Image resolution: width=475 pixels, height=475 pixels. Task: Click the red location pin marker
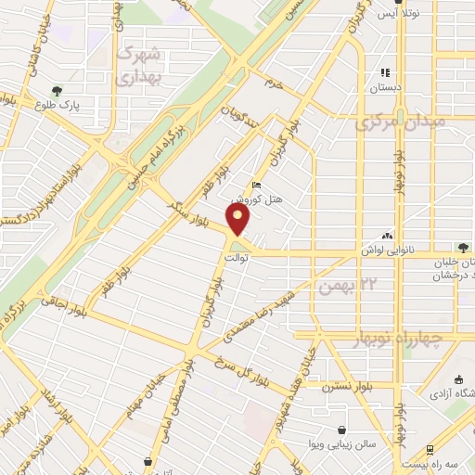pyautogui.click(x=239, y=220)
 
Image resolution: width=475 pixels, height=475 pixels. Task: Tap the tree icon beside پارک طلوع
pyautogui.click(x=58, y=92)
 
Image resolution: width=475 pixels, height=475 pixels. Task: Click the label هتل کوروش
pyautogui.click(x=250, y=199)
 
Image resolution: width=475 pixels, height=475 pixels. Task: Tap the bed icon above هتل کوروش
pyautogui.click(x=257, y=186)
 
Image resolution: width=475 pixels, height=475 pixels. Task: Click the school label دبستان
pyautogui.click(x=384, y=90)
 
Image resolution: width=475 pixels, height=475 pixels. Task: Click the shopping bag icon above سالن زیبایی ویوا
pyautogui.click(x=344, y=430)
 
